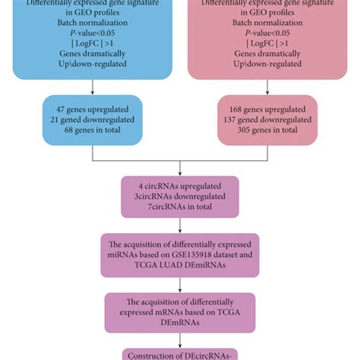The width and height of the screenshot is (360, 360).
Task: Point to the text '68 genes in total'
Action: (93, 131)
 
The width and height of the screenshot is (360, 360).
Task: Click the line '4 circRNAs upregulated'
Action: (180, 185)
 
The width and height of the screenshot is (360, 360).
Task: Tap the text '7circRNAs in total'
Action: (180, 207)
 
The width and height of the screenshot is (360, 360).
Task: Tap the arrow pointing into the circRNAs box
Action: (180, 169)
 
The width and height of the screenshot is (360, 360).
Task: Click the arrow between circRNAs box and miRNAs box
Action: (180, 226)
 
